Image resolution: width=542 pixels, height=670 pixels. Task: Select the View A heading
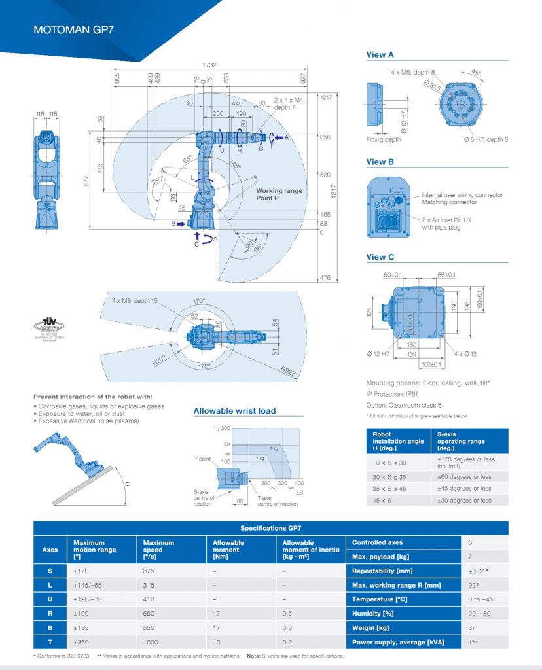coord(380,55)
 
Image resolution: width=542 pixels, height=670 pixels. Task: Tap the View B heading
coord(380,162)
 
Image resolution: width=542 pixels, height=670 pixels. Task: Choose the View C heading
coord(380,257)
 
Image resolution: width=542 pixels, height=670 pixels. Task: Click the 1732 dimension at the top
coord(209,65)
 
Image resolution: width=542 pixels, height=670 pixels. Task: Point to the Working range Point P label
coord(280,194)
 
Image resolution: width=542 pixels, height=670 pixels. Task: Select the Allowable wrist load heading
coord(234,411)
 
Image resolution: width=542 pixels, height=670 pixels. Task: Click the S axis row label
coord(50,571)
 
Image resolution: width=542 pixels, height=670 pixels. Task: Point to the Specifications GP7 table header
coord(270,528)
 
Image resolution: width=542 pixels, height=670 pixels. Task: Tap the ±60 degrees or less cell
coord(463,477)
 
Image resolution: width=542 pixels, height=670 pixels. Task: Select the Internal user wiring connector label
coord(462,195)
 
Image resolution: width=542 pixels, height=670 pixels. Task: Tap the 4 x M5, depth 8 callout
coord(412,72)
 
